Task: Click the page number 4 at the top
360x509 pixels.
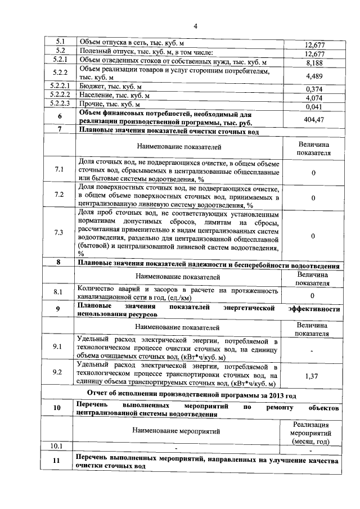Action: coord(195,26)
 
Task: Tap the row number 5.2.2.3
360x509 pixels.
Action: coord(60,105)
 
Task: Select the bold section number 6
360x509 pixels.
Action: coord(60,116)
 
